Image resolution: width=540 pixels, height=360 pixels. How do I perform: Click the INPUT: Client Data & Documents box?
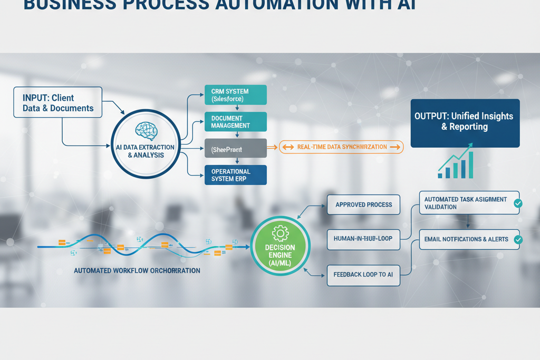coord(57,102)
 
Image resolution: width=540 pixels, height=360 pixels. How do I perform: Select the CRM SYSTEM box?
coord(235,95)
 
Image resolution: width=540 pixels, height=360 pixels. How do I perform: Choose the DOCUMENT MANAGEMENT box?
coord(235,122)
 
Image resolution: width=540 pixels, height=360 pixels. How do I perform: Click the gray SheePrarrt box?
coord(235,149)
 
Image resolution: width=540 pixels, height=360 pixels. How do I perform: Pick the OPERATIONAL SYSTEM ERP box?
coord(235,175)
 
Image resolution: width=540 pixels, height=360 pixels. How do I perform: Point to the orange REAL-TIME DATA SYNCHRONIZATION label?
coord(341,147)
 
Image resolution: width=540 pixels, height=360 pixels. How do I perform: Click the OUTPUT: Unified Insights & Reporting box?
coord(465,123)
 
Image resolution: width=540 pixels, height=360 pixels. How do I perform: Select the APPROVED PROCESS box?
coord(363,205)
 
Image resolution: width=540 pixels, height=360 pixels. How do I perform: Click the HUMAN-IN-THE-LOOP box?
coord(363,239)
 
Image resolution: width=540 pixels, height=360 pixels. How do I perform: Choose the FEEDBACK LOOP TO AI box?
coord(363,275)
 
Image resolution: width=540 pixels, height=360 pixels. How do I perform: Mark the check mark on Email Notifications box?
coord(518,240)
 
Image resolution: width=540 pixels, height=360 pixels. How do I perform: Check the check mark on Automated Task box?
coord(518,203)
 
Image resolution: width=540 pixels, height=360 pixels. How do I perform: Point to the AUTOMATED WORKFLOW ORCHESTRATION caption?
coord(137,270)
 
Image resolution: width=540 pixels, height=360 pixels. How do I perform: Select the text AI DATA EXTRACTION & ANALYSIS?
coord(146,151)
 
